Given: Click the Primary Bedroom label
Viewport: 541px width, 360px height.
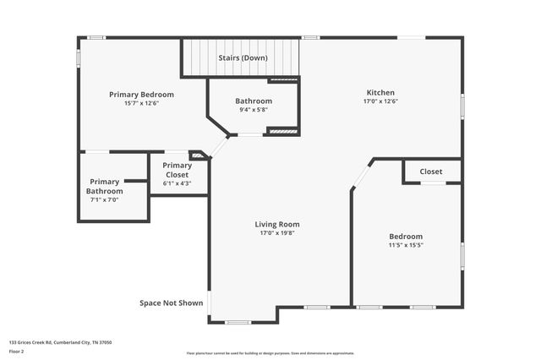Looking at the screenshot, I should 141,94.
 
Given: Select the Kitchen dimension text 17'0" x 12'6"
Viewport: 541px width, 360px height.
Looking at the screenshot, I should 380,101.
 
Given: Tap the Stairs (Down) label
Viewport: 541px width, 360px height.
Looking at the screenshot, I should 243,58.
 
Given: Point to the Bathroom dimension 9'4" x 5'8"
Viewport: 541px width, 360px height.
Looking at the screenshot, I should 253,109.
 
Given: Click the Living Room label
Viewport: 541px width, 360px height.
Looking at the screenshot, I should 277,224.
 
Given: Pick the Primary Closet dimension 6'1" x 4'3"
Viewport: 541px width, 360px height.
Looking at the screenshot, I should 178,183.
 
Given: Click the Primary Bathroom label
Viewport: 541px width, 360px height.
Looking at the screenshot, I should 105,186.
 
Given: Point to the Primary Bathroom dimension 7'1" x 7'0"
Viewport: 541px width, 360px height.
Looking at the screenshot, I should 105,200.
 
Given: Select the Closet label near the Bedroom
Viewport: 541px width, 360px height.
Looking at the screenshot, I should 431,172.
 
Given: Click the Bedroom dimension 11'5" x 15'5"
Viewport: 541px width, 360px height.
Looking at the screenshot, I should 406,245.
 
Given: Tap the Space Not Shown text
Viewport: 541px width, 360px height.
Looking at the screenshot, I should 172,302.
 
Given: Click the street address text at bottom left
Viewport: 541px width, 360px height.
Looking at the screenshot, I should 61,342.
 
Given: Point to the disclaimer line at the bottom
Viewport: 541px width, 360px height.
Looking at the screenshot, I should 270,353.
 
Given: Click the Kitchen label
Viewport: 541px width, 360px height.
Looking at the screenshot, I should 380,93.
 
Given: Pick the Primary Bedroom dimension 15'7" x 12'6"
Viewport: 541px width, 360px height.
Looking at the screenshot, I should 141,103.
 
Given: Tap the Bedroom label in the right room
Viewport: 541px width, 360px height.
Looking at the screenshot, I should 406,237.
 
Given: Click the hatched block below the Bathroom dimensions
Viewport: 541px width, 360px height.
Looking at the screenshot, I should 283,131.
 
